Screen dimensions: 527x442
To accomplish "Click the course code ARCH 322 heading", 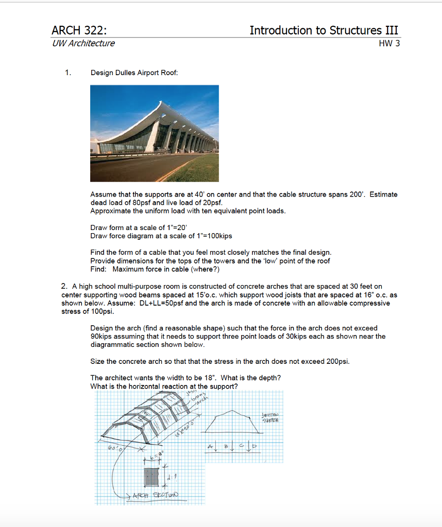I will [79, 30].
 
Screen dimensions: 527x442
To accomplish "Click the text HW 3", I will [389, 44].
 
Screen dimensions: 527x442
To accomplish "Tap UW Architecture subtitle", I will [83, 44].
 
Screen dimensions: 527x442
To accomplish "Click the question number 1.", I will [68, 73].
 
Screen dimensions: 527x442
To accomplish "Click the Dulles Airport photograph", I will [154, 133].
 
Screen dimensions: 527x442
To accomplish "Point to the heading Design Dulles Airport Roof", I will [134, 73].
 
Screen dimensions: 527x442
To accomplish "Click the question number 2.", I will [64, 286].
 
